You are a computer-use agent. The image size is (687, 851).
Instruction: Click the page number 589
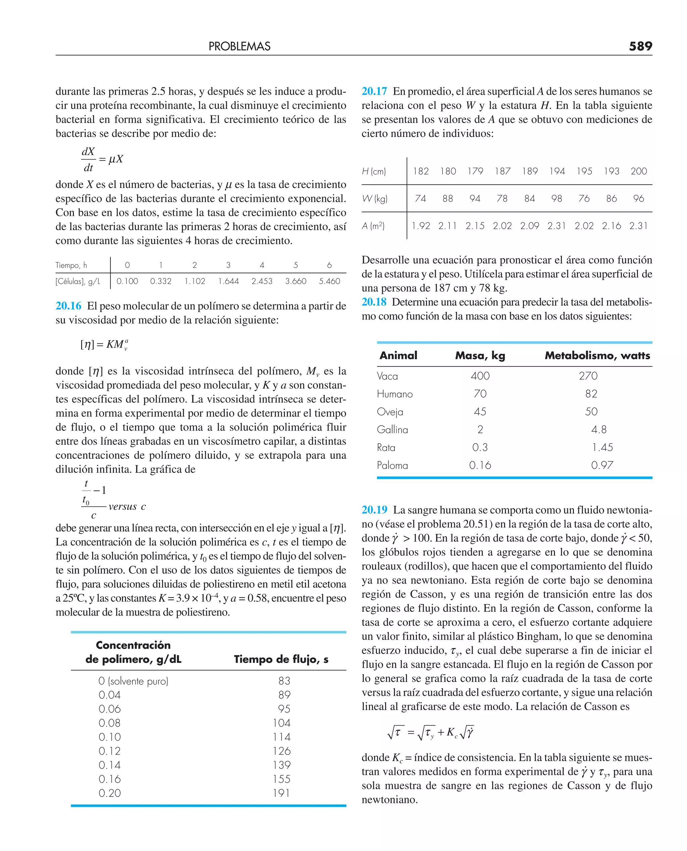coord(640,46)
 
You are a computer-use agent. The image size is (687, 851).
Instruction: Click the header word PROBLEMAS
coord(240,46)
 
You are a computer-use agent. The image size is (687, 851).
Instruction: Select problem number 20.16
coord(68,306)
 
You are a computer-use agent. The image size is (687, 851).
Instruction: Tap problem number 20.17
coord(374,91)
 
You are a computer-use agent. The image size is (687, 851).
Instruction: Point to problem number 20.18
coord(374,302)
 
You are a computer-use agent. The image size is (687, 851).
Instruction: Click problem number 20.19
coord(374,510)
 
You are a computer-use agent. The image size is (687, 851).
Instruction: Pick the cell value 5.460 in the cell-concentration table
coord(329,281)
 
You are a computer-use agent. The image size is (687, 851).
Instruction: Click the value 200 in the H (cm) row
coord(638,171)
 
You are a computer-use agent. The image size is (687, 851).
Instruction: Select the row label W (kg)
coord(374,198)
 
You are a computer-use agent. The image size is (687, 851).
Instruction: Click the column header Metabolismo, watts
coord(597,355)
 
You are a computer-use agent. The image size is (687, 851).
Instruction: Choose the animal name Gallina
coord(392,430)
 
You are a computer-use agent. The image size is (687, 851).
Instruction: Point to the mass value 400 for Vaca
coord(480,376)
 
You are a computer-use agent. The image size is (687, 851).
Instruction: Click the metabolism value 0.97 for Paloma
coord(602,465)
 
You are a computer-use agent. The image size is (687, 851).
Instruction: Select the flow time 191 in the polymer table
coord(281,793)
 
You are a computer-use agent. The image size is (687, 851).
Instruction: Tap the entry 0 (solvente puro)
coord(134,681)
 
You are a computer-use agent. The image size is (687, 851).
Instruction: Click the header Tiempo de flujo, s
coord(281,659)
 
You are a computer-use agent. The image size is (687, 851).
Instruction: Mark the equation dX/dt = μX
coord(102,159)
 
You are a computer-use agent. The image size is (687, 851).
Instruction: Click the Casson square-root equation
coord(430,732)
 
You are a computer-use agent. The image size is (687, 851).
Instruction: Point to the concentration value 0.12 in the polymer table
coord(110,751)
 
